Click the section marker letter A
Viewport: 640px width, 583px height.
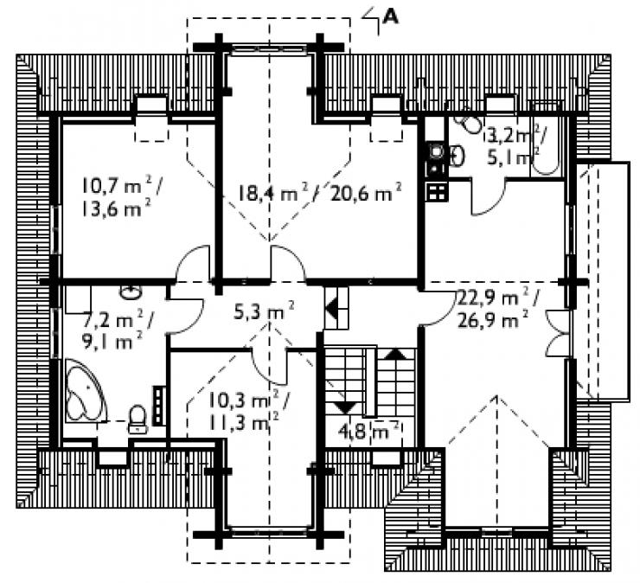(391, 16)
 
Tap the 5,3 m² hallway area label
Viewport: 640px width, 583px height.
(263, 311)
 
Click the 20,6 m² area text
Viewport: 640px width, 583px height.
(367, 192)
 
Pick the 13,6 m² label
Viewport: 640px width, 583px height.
(117, 209)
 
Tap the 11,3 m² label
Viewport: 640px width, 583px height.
(244, 422)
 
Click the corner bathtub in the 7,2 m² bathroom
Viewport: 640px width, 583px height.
(86, 390)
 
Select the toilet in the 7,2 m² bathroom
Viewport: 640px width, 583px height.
(138, 419)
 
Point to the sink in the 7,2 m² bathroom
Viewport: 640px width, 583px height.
(131, 292)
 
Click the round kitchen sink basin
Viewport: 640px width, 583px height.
(437, 151)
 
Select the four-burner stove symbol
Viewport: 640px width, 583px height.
(437, 192)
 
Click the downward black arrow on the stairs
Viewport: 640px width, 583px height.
(345, 407)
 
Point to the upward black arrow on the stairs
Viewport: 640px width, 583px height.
(395, 354)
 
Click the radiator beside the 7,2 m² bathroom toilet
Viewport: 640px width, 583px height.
(158, 406)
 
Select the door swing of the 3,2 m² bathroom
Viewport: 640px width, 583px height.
(489, 197)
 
